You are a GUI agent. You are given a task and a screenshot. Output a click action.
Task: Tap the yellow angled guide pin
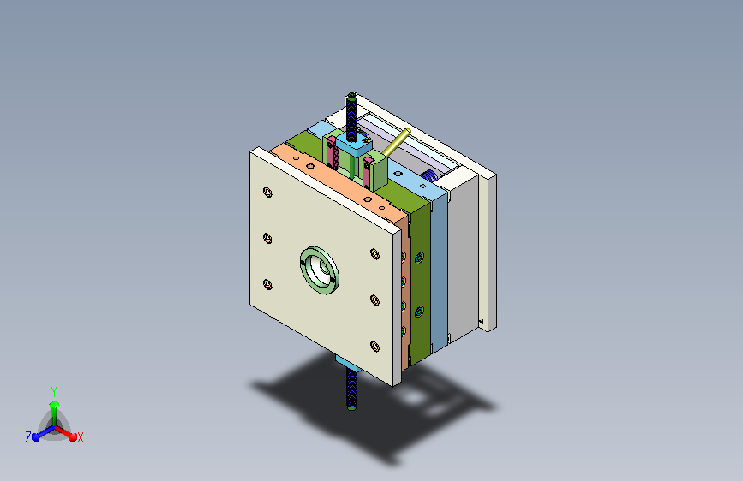tap(396, 142)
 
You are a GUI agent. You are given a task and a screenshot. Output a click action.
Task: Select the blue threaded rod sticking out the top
tap(351, 117)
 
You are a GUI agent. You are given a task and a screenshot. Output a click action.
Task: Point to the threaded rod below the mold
tap(351, 389)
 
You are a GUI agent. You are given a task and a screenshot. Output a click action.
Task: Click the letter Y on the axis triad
tap(54, 392)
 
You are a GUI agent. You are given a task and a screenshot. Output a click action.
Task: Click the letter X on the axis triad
tap(80, 438)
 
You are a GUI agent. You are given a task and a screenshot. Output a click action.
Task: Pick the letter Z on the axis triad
tap(28, 437)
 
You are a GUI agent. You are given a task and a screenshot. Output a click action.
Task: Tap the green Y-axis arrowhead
tap(55, 405)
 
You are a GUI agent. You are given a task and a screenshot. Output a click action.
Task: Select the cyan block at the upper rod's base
tap(354, 145)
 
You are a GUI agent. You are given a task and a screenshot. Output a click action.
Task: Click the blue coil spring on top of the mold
tap(429, 175)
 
